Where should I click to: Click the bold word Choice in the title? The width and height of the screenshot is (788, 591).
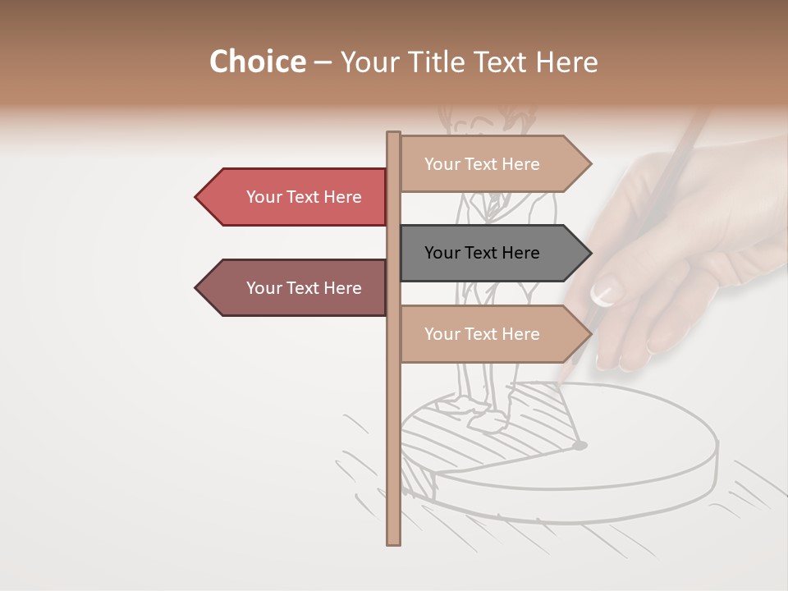coord(257,62)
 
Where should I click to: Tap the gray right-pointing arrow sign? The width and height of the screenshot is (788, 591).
coord(492,253)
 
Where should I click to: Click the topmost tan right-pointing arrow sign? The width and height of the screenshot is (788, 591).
coord(492,164)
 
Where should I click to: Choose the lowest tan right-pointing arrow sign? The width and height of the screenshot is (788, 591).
coord(492,334)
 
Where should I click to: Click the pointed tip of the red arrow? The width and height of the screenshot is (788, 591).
coord(197,197)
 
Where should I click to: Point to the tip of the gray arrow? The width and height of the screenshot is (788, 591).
coord(589,253)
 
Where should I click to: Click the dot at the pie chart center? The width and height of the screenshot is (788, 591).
coord(580,446)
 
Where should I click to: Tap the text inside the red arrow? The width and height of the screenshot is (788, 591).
coord(304,197)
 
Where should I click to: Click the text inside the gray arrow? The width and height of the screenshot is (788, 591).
coord(482,253)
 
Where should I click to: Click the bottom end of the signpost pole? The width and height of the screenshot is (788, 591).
coord(393,542)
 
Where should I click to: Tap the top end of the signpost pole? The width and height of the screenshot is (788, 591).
coord(393,134)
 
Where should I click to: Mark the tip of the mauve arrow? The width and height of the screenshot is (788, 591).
coord(197,288)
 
